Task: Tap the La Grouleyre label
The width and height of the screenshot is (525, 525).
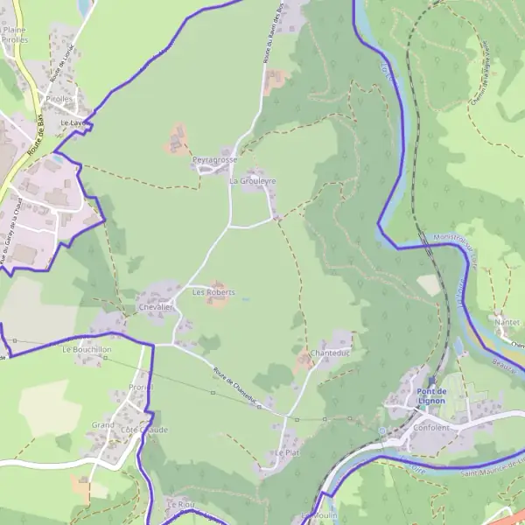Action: point(252,181)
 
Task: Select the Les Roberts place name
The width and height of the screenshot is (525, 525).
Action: point(213,291)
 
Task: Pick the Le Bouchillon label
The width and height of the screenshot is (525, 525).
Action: point(87,348)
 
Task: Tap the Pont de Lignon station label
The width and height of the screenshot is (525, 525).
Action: point(430,395)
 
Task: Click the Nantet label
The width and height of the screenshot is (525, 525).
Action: point(507,322)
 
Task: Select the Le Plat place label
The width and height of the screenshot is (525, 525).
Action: point(286,453)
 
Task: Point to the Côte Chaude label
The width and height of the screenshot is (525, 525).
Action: point(144,430)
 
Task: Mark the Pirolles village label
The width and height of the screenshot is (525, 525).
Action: point(59,100)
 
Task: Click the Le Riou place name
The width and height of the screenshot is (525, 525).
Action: point(179,505)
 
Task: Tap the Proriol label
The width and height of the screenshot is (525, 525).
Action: point(140,387)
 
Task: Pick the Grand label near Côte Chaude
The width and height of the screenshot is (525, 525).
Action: point(102,425)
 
